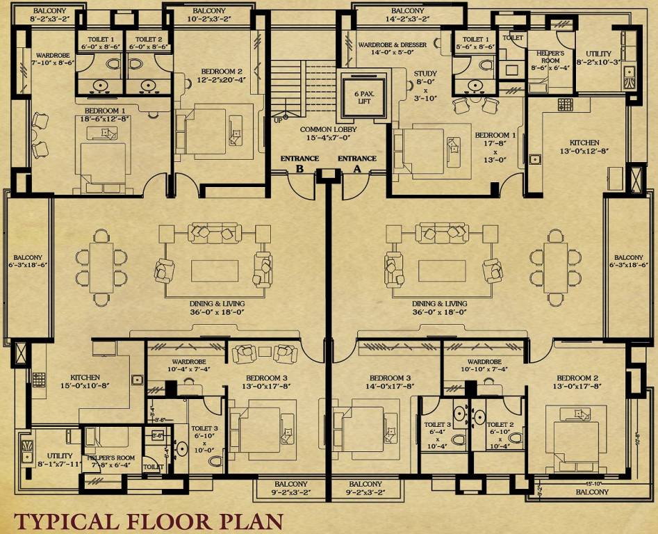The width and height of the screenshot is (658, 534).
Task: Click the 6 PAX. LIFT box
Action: (x=360, y=91)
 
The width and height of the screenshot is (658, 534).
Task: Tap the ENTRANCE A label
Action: (x=357, y=163)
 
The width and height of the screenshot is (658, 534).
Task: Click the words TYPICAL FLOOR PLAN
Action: (x=149, y=521)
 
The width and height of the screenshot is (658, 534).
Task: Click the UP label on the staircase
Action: (x=278, y=120)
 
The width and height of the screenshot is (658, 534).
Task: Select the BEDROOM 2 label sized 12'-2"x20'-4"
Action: (x=222, y=75)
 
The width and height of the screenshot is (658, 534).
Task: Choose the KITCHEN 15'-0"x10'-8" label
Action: (x=85, y=381)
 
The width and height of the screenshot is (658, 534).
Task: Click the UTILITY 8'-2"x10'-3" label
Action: (x=598, y=58)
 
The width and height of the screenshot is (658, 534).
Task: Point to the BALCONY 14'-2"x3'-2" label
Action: (x=407, y=15)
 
